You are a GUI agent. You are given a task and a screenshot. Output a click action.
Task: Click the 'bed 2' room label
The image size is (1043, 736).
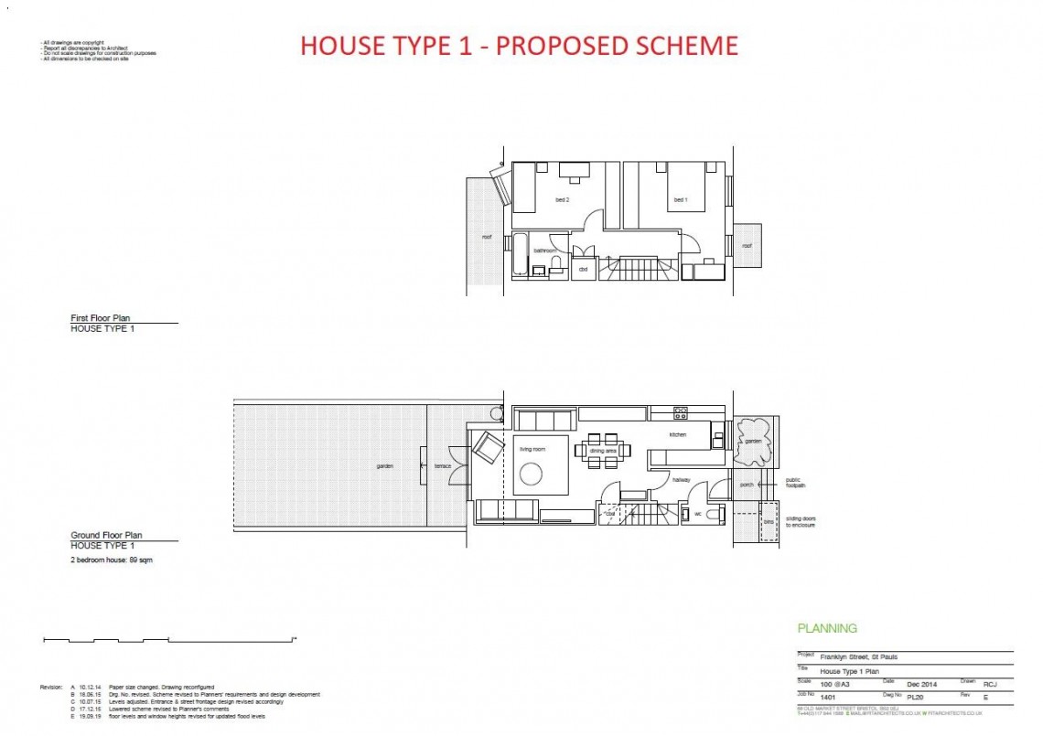pos(562,200)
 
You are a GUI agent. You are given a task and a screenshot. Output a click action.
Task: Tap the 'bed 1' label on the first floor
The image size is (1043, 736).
pos(680,200)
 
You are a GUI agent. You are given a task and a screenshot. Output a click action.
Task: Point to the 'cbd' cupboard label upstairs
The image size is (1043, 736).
pos(583,270)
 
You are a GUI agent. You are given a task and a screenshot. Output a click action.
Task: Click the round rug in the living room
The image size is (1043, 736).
pos(532,474)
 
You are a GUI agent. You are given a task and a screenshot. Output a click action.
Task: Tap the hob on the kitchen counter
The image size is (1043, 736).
pos(681,413)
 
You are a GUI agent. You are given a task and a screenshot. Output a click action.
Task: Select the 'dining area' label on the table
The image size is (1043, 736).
pos(603,451)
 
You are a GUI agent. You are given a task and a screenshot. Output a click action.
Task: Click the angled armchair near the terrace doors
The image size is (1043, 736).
pos(488,448)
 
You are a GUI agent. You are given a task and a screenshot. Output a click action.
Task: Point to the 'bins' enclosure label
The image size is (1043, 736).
pos(768,522)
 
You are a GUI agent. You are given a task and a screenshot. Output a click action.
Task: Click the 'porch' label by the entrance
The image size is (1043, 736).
pos(747,485)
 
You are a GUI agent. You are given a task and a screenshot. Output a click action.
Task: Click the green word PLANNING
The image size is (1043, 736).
pos(827,628)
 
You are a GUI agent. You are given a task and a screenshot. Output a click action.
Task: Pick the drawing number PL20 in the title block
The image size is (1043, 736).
pos(916,696)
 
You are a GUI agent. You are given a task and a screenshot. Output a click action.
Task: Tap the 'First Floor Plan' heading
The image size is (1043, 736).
pos(100,318)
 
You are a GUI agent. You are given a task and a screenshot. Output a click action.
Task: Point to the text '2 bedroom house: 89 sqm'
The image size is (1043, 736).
pos(112,560)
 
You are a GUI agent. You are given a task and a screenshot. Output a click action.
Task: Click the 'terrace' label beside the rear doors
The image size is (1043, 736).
pos(443,466)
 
